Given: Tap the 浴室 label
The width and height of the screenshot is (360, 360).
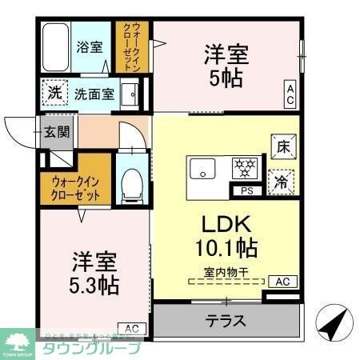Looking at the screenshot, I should tap(88, 46).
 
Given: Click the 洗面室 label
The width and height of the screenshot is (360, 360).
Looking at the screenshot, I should tap(94, 94).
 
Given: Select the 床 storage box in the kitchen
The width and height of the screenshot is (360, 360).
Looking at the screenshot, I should tap(283, 146).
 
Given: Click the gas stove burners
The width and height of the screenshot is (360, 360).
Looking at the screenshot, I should tap(244, 167).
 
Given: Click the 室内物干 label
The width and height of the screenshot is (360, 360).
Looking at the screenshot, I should tap(226, 272).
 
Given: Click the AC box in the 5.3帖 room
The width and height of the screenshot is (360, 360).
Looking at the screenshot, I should tap(132, 328).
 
